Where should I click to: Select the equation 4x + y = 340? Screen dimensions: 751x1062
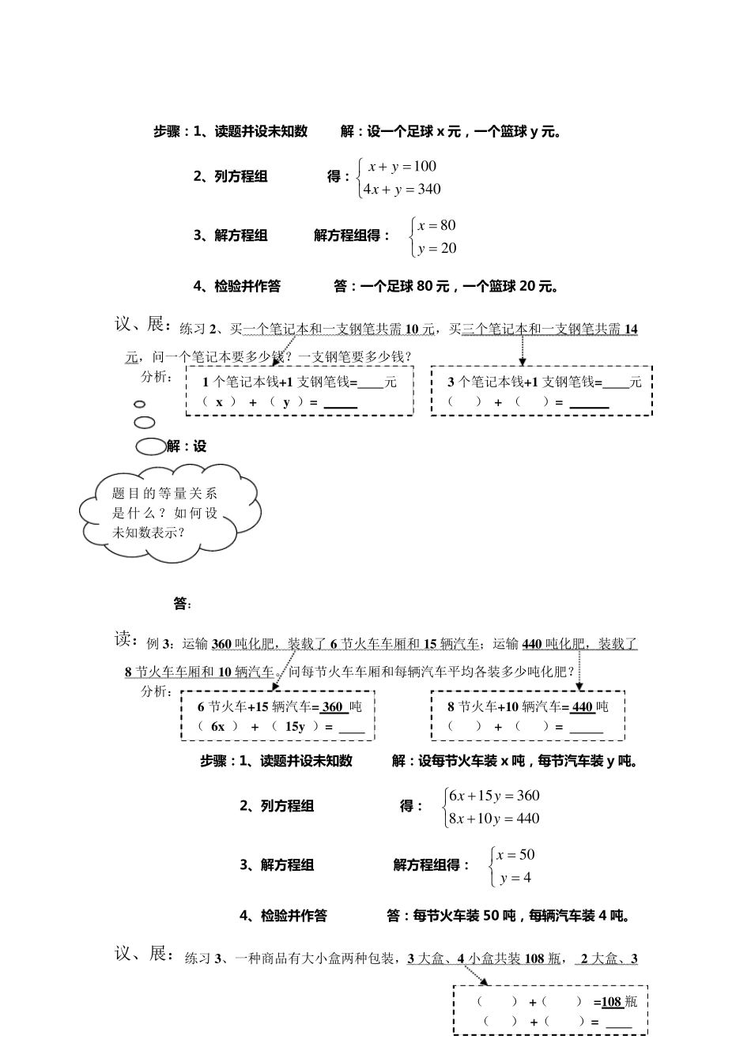402,189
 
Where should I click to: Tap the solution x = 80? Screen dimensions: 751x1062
436,225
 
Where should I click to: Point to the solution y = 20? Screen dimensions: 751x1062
436,248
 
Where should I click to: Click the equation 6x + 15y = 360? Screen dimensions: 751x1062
494,796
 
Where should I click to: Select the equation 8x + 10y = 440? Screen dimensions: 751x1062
494,819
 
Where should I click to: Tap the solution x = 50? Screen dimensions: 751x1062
515,854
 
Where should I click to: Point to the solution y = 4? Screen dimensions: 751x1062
515,878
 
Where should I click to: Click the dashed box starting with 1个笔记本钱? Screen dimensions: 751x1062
300,391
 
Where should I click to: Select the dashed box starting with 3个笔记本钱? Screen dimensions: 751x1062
542,391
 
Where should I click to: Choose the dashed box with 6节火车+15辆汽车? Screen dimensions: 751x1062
277,716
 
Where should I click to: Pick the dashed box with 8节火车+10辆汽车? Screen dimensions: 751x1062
527,716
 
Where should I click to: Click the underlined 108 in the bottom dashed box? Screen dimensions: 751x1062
611,1002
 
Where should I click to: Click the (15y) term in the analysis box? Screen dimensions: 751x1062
296,726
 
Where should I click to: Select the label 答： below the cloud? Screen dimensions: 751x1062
182,604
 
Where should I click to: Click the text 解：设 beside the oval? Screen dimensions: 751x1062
187,446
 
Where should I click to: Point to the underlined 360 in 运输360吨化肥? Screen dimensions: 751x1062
221,644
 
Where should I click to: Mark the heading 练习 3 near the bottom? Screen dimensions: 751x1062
202,959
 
